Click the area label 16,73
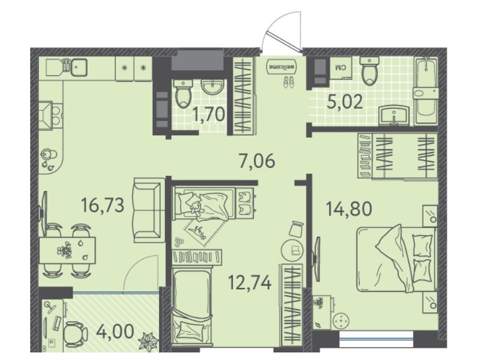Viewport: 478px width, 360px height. tap(102, 204)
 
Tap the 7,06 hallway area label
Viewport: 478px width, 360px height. tap(257, 161)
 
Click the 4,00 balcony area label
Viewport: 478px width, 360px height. tap(114, 332)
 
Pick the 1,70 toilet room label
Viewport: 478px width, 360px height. tap(209, 114)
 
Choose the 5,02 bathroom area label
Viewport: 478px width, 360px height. tap(344, 102)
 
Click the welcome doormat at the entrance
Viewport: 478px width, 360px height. tap(282, 66)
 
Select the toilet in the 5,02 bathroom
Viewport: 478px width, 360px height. tap(369, 70)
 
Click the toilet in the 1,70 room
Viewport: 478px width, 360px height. tap(183, 93)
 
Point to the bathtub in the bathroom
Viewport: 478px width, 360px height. tap(426, 91)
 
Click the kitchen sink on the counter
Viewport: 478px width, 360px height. tap(79, 68)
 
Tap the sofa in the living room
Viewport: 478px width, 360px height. tap(148, 211)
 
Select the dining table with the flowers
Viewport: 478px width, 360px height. tap(67, 250)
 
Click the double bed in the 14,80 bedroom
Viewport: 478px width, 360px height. tap(396, 259)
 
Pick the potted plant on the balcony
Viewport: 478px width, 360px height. tap(149, 341)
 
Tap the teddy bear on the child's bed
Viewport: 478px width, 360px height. tap(195, 207)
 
